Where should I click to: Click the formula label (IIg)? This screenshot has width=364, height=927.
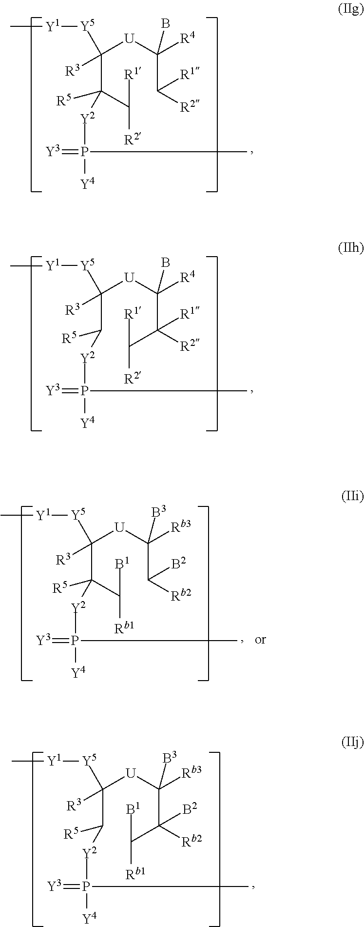coord(351,10)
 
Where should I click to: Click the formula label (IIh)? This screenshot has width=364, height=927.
coord(351,248)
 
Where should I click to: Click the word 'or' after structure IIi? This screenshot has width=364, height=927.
coord(260,639)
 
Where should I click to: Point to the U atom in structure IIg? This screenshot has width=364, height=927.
coord(129,40)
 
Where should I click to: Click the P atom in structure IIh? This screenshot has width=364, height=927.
coord(85,391)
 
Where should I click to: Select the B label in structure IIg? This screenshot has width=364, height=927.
coord(165,24)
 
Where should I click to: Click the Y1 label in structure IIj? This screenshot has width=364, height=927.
coord(55,761)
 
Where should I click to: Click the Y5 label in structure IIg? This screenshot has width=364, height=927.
coord(88,26)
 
